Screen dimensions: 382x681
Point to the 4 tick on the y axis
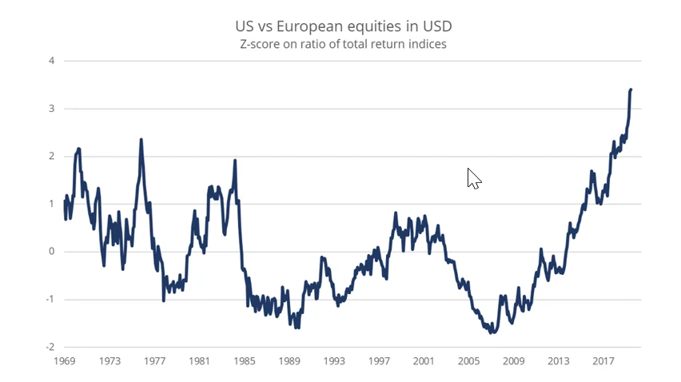51,61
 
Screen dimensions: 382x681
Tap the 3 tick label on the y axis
51,109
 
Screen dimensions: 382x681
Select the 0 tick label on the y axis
51,252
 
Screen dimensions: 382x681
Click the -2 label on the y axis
50,348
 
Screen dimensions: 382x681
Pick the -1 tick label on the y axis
50,300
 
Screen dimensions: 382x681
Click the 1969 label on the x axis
66,360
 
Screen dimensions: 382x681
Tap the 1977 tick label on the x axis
155,360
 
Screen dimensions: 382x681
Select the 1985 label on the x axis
245,360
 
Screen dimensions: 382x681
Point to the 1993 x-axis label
334,360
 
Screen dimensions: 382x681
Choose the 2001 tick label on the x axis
424,360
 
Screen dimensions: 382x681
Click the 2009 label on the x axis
513,360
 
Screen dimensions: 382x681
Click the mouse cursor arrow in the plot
473,178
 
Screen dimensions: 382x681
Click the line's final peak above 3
631,90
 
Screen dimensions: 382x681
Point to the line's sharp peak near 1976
141,140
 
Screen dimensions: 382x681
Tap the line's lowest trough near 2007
492,332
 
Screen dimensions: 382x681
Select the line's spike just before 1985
235,161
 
